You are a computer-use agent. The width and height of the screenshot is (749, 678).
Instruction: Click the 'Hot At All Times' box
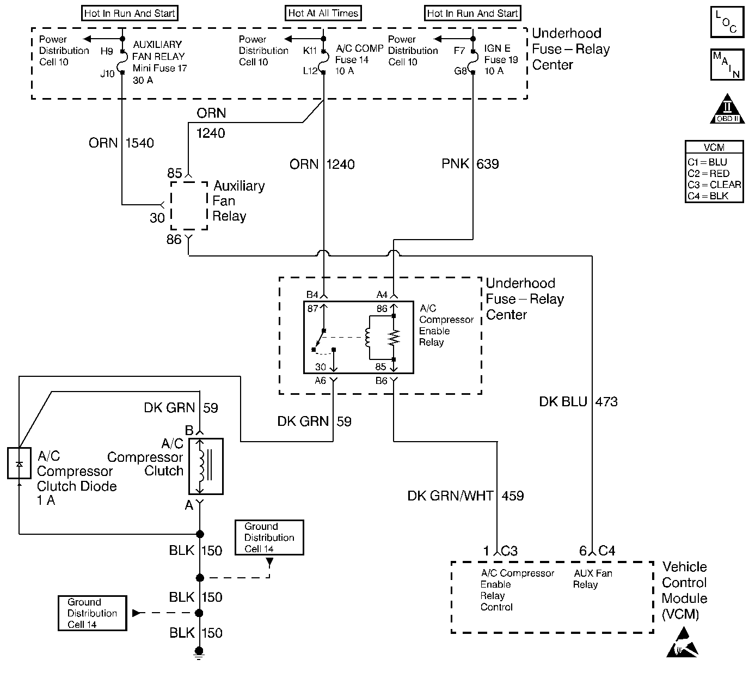coord(323,13)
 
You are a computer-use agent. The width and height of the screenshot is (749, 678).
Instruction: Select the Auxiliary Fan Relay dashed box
coord(189,205)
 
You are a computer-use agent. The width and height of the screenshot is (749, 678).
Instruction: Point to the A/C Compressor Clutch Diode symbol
coord(19,463)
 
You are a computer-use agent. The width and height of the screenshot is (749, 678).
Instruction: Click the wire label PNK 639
coord(470,164)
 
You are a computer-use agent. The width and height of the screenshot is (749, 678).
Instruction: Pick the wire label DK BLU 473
coord(578,402)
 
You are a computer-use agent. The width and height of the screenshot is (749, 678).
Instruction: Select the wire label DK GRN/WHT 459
coord(465,496)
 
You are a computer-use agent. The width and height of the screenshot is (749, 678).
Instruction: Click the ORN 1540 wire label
coord(121,143)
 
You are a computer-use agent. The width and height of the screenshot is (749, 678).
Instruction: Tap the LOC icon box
coord(727,22)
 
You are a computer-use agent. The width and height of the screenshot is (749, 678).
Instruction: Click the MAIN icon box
coord(727,65)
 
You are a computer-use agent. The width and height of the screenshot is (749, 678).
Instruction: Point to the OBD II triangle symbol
coord(727,108)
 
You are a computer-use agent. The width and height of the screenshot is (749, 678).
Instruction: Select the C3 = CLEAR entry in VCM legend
coord(714,185)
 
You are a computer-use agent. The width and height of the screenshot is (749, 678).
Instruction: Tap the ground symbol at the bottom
coord(199,654)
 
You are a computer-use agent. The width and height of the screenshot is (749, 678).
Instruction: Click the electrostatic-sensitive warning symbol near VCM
coord(683,643)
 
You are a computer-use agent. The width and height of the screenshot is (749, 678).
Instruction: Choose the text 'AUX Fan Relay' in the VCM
coord(593,579)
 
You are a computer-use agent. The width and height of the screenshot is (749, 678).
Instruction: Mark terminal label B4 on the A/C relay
coord(312,295)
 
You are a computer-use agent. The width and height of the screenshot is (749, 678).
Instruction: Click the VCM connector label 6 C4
coord(597,551)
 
